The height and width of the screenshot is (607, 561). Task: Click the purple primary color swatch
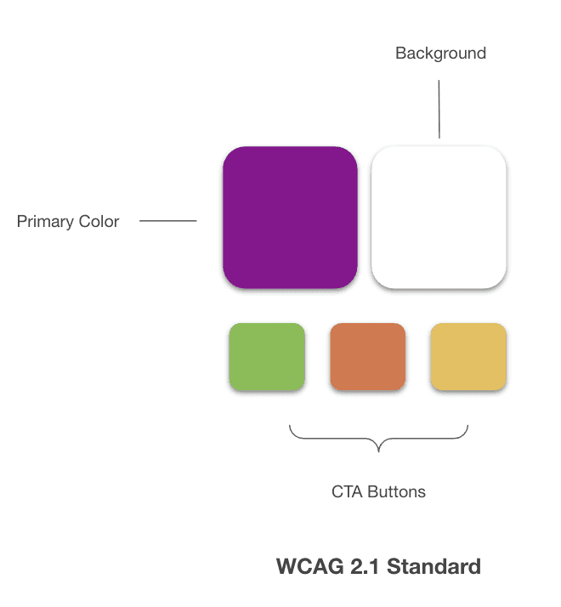click(x=290, y=217)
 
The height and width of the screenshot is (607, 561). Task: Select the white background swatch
click(x=439, y=217)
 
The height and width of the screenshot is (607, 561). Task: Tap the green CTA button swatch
click(x=266, y=357)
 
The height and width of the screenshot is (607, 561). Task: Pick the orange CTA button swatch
click(x=367, y=357)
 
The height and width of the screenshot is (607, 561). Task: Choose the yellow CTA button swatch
click(x=468, y=357)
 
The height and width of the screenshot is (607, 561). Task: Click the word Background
click(x=440, y=53)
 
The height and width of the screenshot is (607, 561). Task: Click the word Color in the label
click(x=99, y=222)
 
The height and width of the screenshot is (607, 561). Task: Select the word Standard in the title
click(x=433, y=566)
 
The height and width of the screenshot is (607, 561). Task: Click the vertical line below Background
click(x=439, y=109)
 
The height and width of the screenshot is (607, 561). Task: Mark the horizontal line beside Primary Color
click(x=167, y=222)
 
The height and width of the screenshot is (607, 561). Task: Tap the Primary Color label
click(x=68, y=222)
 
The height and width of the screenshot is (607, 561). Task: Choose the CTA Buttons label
click(x=378, y=491)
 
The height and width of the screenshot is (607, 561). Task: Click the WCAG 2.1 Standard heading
click(x=378, y=566)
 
